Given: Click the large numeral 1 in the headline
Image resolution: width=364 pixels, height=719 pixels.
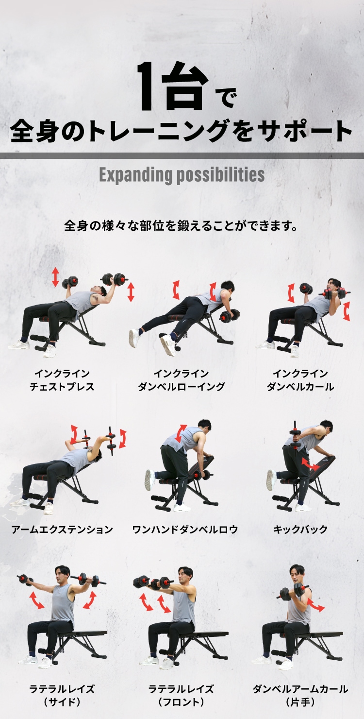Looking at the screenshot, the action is [149, 86].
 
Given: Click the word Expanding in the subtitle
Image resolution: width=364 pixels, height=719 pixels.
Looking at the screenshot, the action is [136, 175].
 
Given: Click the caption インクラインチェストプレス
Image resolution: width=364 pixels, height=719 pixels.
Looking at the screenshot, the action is [62, 380].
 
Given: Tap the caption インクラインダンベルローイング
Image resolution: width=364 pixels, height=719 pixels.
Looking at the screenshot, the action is [181, 380].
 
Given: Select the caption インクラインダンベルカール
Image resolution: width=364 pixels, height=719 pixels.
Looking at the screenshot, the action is [300, 380].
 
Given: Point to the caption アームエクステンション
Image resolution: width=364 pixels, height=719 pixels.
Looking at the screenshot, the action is [62, 530].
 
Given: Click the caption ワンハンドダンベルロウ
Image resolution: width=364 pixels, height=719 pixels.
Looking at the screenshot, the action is [185, 530].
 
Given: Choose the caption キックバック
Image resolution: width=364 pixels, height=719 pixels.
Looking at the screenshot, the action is [300, 530].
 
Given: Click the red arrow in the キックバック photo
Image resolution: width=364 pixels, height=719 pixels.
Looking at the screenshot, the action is [310, 463].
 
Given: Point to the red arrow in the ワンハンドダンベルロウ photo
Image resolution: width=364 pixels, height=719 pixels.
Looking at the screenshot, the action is [181, 433].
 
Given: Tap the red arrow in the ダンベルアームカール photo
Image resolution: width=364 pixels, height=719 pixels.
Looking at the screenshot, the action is [316, 605].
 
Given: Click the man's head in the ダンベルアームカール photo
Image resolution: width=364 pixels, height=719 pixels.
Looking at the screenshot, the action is [297, 573].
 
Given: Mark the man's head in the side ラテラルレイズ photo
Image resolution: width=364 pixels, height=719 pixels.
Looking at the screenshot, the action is [63, 575].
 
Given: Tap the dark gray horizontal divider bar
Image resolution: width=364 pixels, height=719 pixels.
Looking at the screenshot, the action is [182, 155].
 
